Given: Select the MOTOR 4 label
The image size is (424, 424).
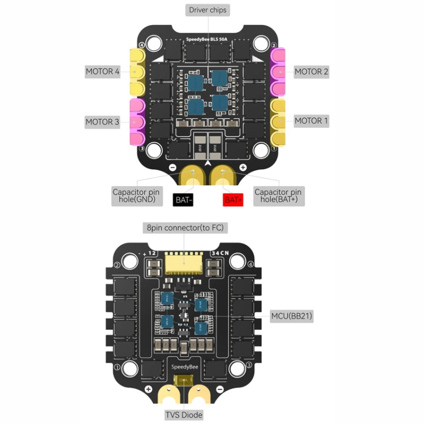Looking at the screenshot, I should click(103, 72).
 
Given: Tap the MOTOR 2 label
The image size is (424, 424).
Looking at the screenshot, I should click(311, 72).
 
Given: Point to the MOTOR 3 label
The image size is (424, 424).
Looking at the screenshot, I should click(103, 122).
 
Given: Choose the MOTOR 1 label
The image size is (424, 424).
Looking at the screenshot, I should click(311, 121).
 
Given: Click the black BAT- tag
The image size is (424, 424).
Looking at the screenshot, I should click(183, 200).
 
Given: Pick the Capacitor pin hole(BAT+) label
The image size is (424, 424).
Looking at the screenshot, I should click(278, 196).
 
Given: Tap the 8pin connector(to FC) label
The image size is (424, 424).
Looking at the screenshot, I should click(185, 228).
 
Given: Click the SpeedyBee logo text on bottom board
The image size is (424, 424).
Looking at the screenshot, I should click(184, 367).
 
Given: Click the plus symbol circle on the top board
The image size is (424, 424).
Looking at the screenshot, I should click(243, 167).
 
